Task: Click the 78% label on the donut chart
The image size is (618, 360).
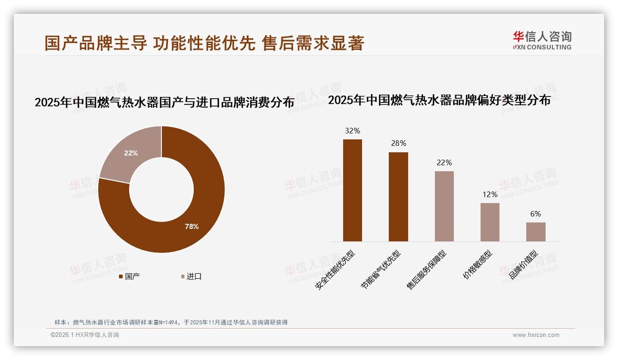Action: point(191,227)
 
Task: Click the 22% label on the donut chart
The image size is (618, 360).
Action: point(131,153)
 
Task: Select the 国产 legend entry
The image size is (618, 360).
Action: point(130,276)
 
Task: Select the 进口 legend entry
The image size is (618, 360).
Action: point(191,276)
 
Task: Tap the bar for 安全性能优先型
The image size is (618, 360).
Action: point(352,190)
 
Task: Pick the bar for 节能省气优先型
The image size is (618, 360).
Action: point(398,197)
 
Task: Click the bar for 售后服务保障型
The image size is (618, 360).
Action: point(444,206)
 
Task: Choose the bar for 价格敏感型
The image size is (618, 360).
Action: point(490,222)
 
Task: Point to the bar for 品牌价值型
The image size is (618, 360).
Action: point(535,232)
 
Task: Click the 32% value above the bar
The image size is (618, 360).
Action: point(352,131)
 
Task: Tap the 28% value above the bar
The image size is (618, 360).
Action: point(398,144)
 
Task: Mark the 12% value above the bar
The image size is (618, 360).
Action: point(490,194)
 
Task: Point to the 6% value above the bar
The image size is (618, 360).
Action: point(535,214)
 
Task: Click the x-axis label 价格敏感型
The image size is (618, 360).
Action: point(478,265)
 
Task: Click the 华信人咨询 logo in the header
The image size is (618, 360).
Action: point(542,40)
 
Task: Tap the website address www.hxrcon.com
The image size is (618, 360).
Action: point(536,335)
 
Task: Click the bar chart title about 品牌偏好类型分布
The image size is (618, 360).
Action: point(439,100)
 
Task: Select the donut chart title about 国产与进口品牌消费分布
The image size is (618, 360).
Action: point(164,102)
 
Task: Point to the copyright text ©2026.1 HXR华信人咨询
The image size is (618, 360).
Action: point(85,335)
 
